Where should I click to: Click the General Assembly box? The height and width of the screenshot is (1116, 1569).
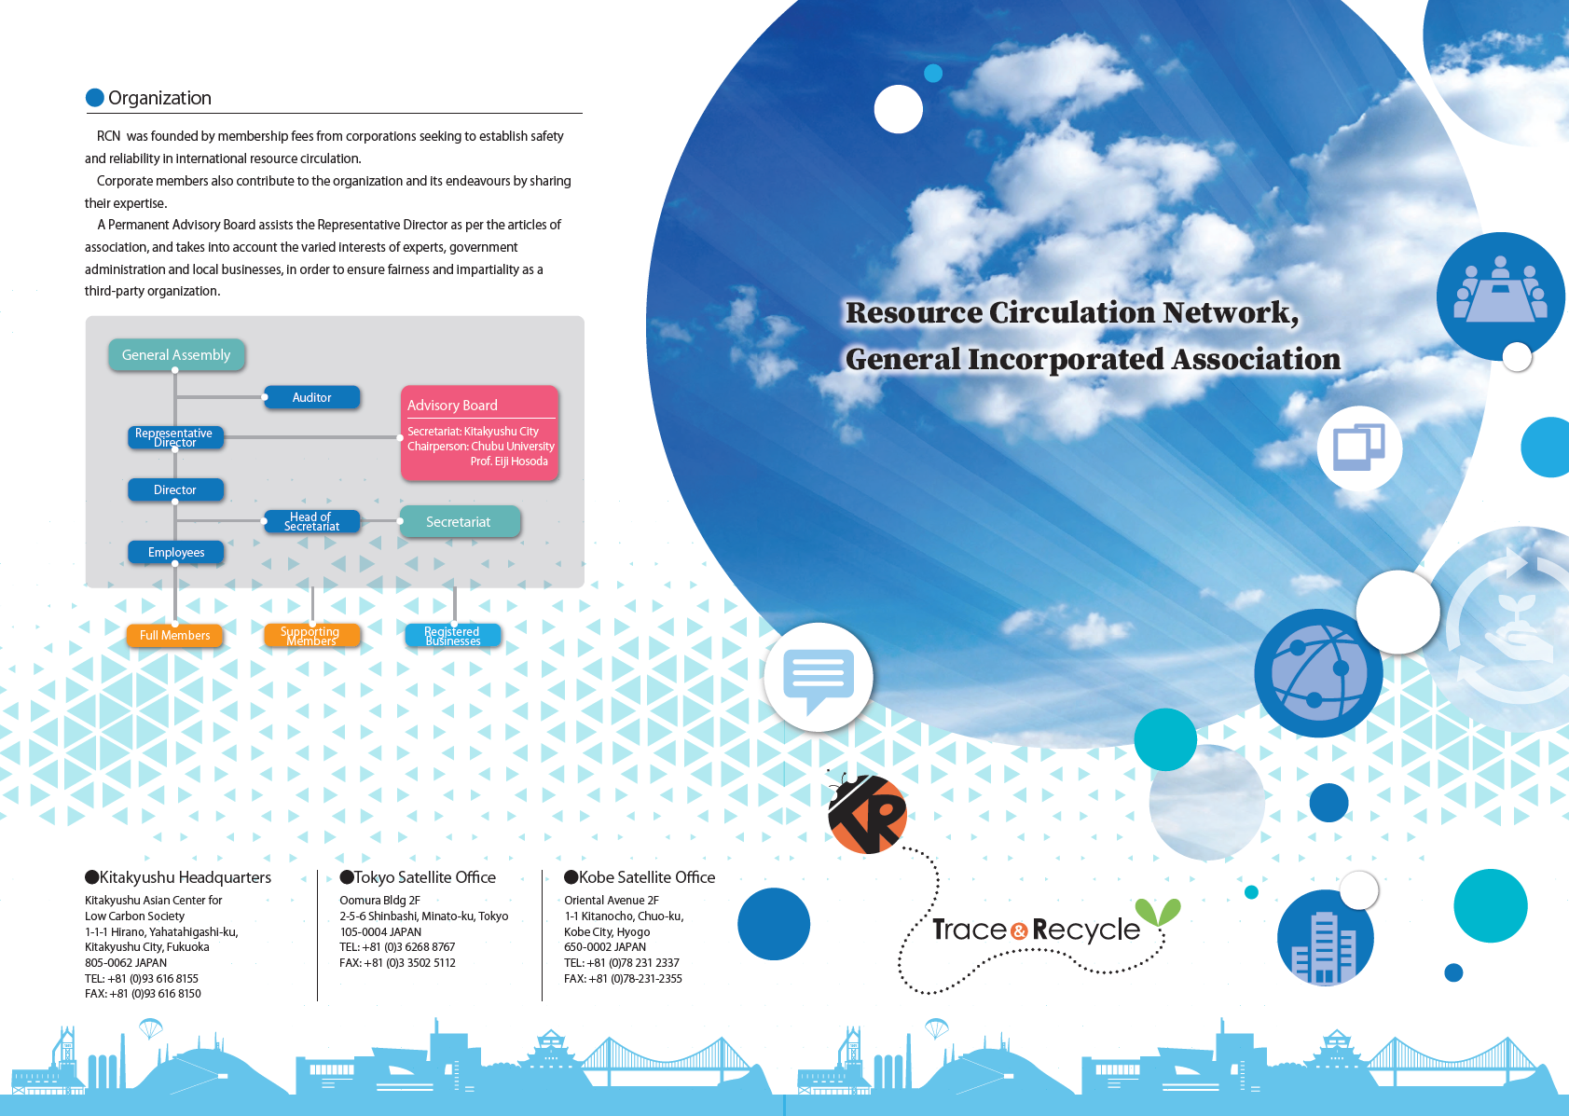click(x=176, y=355)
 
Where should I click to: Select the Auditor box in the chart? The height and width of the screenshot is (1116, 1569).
click(x=311, y=397)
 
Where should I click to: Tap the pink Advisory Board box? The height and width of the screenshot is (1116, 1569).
click(x=479, y=433)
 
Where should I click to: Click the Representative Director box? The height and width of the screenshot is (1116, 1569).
click(x=175, y=437)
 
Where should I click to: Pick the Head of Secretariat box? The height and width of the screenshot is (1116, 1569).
click(x=311, y=521)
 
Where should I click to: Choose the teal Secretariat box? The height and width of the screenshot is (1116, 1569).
click(x=459, y=522)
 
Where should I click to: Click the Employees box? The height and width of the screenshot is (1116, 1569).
click(x=176, y=552)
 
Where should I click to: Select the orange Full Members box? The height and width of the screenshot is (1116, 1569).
click(x=175, y=636)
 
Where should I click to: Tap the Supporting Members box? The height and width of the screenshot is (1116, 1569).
click(x=311, y=636)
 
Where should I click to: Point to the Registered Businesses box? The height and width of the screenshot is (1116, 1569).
click(x=453, y=636)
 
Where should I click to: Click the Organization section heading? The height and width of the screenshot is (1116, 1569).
click(x=159, y=98)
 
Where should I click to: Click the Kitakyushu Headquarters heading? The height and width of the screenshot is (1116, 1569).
click(x=185, y=877)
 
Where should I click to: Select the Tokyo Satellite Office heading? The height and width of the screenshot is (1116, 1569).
click(x=424, y=877)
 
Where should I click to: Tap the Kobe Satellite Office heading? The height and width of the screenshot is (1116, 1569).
click(x=646, y=877)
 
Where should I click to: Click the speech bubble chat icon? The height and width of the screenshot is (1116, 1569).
click(x=818, y=678)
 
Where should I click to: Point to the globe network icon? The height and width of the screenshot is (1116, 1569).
click(x=1317, y=672)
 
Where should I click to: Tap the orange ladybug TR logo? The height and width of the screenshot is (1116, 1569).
click(x=867, y=814)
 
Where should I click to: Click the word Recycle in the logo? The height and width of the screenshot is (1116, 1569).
click(x=1086, y=930)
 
